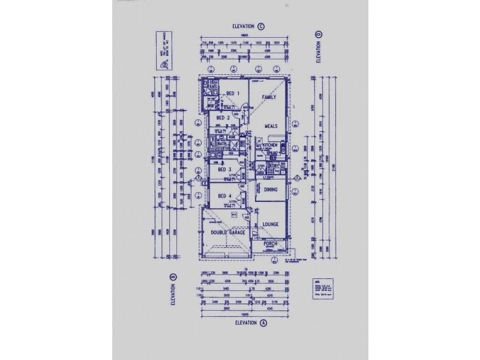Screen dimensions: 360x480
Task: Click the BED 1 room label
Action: point(233,94)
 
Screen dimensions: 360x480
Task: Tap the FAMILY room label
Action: point(268,96)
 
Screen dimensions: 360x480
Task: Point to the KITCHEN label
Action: point(269,146)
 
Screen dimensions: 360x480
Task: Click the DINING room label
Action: point(271,190)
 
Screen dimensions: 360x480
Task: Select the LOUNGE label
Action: point(271,224)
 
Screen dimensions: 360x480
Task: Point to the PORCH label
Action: point(271,244)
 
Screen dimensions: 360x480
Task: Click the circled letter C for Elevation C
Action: point(261,27)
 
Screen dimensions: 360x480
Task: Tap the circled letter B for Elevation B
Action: point(173,277)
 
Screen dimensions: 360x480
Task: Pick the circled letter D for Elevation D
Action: point(317,34)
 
